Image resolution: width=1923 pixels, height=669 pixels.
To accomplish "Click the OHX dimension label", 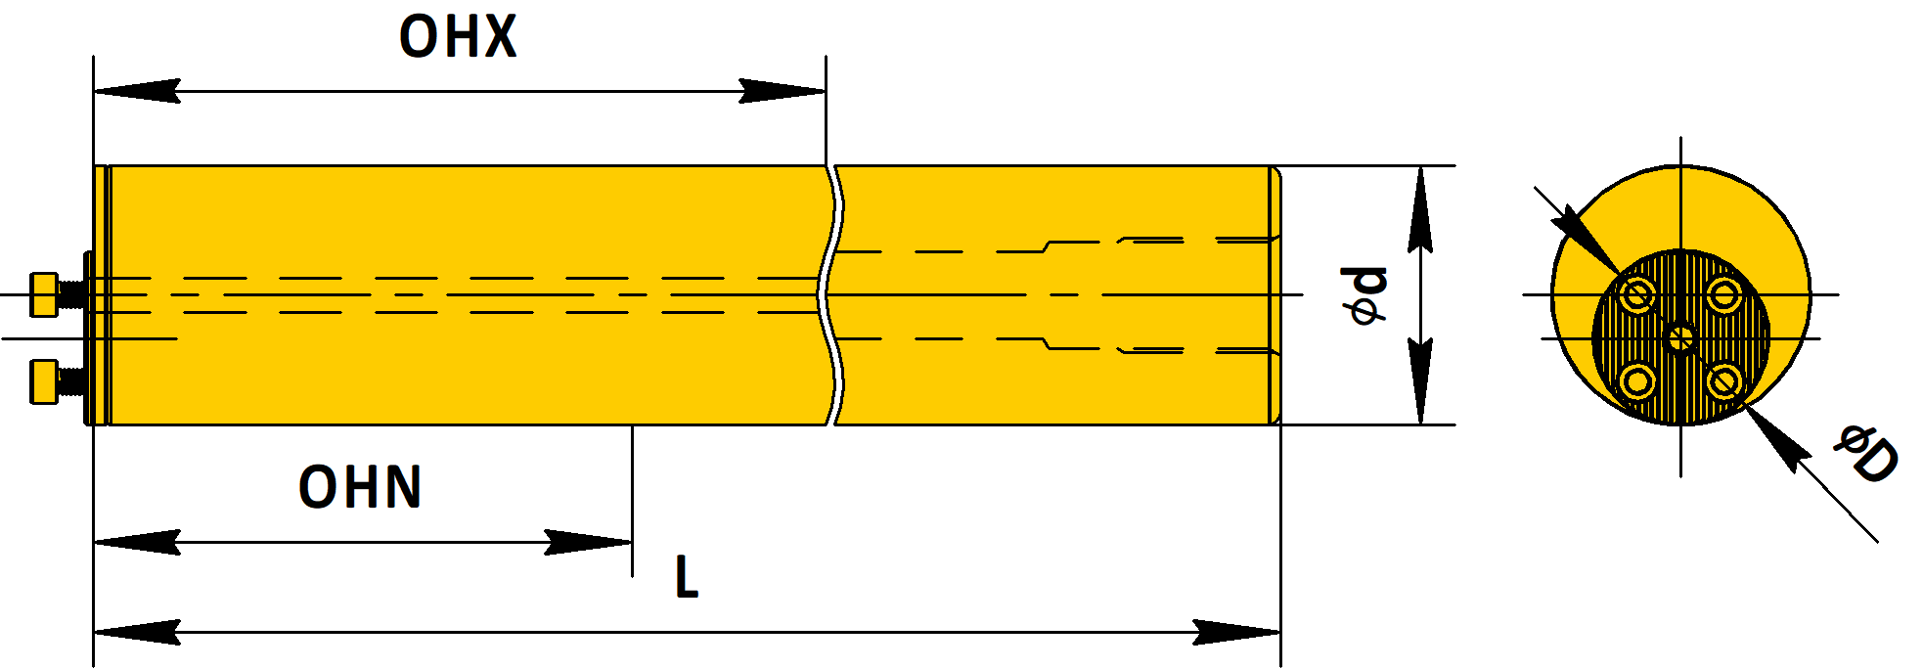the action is [x=458, y=37].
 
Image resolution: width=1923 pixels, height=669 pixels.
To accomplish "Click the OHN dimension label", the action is [x=360, y=487].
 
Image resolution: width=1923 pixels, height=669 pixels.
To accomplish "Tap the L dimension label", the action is [x=687, y=577].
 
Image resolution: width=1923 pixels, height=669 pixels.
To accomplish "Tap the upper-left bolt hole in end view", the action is [x=1636, y=294].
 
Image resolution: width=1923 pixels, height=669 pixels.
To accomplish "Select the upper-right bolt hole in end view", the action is [x=1724, y=294].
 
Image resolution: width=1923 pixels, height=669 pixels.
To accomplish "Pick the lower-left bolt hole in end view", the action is [x=1636, y=381].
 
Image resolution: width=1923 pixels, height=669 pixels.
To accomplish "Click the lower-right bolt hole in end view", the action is [x=1724, y=381].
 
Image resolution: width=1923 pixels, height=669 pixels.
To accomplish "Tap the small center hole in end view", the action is [x=1680, y=338].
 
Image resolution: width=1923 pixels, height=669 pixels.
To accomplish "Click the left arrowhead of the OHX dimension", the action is [x=137, y=91].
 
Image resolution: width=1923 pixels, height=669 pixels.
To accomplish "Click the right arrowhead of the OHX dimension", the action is [x=783, y=91].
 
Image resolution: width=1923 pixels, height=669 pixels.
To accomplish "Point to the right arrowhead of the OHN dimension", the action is [x=589, y=542].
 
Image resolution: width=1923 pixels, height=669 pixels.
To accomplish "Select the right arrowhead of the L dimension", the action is [x=1237, y=632].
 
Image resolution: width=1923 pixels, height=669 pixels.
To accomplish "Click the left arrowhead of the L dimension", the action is [x=137, y=632].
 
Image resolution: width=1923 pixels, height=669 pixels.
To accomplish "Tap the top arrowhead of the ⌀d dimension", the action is [x=1420, y=209].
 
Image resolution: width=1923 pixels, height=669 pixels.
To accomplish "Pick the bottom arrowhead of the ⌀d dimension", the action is [x=1420, y=381].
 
